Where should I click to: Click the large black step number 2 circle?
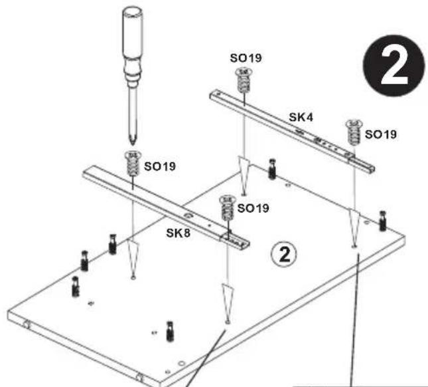[394, 66]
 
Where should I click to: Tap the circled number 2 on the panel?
[284, 255]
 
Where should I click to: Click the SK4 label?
[301, 117]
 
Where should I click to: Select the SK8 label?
[178, 233]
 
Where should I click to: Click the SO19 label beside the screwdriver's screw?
[160, 166]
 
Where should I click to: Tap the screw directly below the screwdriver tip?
[133, 164]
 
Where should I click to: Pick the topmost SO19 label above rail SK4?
[246, 58]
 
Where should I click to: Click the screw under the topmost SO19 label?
[244, 80]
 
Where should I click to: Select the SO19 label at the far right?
[380, 134]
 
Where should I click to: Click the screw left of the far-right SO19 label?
[354, 132]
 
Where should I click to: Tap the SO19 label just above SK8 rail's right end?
[253, 208]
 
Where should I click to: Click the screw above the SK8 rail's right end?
[227, 208]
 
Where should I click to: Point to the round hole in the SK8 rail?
[187, 216]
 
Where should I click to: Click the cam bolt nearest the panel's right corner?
[383, 221]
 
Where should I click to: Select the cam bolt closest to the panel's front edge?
[170, 331]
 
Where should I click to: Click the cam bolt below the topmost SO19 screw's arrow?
[272, 169]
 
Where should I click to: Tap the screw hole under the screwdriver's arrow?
[133, 278]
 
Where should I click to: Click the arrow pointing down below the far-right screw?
[354, 227]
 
